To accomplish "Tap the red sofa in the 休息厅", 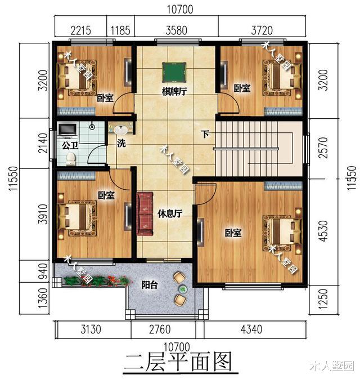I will pos(146,213).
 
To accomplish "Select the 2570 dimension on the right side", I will pos(322,150).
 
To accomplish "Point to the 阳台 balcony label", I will pos(148,285).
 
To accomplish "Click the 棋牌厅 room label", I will pos(174,92).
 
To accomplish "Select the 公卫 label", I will pos(69,144).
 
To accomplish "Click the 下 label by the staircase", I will pos(205,134).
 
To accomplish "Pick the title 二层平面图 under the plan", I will pos(178,361).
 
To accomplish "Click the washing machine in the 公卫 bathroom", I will pos(68,130).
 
